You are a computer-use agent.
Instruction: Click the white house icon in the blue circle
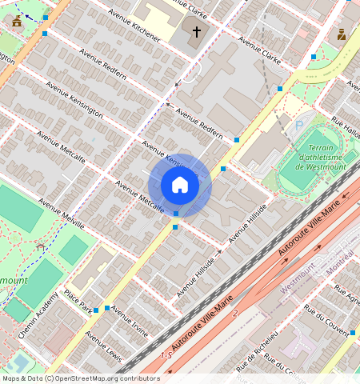[180, 185]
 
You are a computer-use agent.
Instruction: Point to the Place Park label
[79, 302]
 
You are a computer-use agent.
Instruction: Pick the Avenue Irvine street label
[130, 321]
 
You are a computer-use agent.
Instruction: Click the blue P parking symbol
[299, 125]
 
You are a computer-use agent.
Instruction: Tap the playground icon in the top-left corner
[16, 21]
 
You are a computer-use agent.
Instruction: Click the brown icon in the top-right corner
[342, 34]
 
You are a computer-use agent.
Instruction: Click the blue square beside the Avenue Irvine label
[107, 307]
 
